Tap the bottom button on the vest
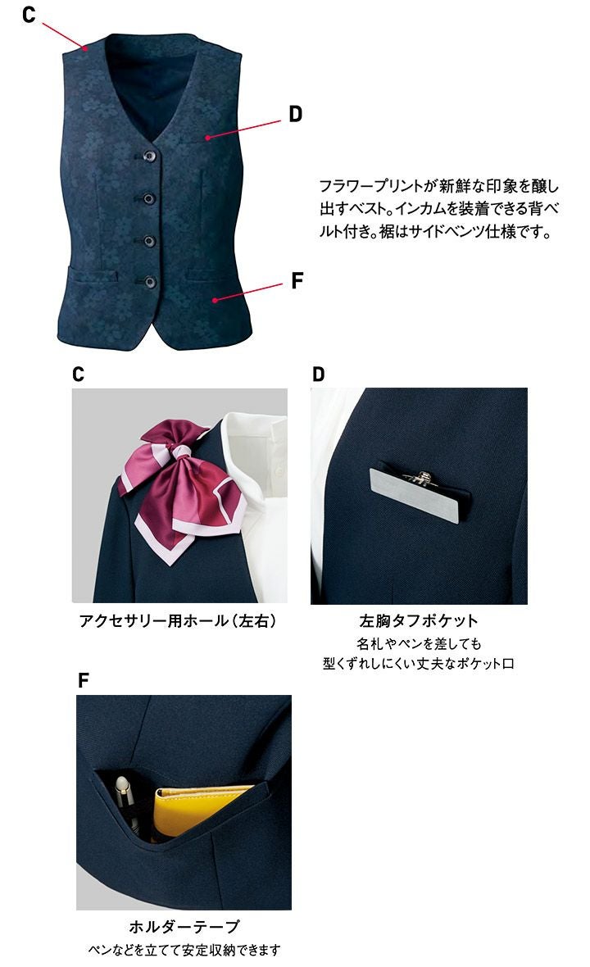pyautogui.click(x=150, y=283)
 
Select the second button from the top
pyautogui.click(x=148, y=198)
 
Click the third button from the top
pyautogui.click(x=149, y=240)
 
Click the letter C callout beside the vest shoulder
pyautogui.click(x=29, y=14)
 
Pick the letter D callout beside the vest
pyautogui.click(x=295, y=113)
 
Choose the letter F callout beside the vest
pyautogui.click(x=297, y=280)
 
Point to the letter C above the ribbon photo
pyautogui.click(x=79, y=375)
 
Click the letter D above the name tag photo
pyautogui.click(x=318, y=375)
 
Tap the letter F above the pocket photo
pyautogui.click(x=84, y=680)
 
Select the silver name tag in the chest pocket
pyautogui.click(x=415, y=495)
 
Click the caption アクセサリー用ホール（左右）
pyautogui.click(x=178, y=620)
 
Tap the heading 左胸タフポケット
pyautogui.click(x=419, y=620)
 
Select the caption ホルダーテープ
pyautogui.click(x=184, y=926)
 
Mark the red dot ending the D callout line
pyautogui.click(x=208, y=137)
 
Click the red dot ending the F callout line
pyautogui.click(x=215, y=300)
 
